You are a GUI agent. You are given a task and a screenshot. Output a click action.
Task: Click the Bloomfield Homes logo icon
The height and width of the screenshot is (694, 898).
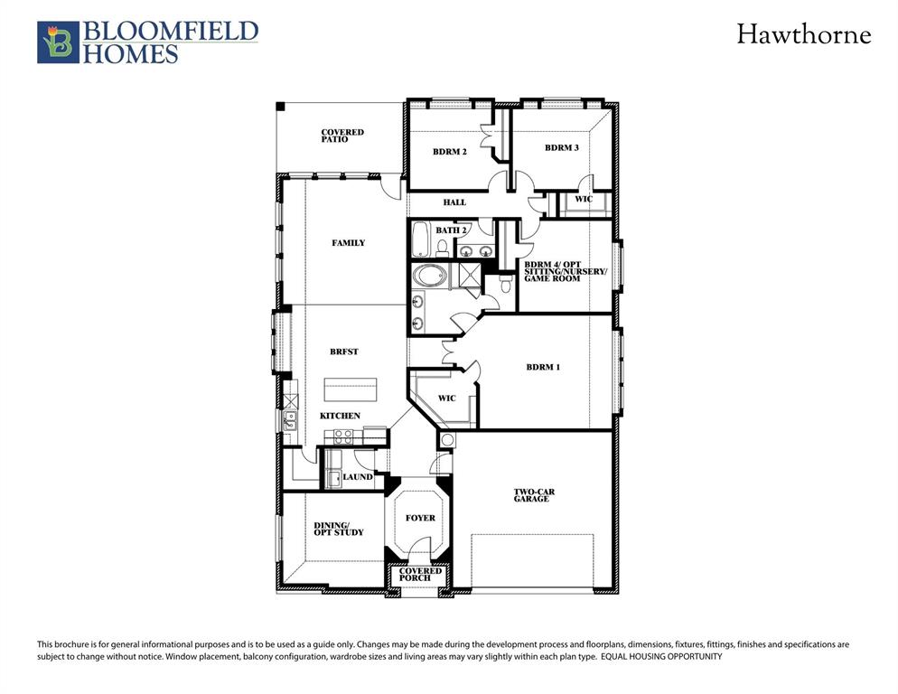coord(58,42)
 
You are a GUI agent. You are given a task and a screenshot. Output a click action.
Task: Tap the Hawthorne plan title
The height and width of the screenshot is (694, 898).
coord(803,35)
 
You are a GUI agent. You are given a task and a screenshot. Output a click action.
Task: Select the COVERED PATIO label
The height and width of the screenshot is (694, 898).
coord(342,136)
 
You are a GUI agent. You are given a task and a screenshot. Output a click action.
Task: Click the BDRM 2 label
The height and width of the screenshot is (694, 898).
coord(449,152)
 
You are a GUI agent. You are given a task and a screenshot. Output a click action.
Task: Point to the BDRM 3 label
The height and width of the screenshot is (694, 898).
coord(561,147)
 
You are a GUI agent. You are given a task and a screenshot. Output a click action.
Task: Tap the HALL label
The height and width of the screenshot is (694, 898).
coord(454,202)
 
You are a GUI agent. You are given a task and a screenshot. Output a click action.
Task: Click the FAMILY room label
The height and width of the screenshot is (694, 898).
coord(348,242)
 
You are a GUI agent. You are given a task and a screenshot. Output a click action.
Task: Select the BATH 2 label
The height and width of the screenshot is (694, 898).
coord(451,230)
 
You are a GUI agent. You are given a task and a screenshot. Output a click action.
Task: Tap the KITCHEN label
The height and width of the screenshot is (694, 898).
coord(340,416)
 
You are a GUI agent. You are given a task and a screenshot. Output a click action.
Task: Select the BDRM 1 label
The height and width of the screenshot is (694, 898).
coord(543,367)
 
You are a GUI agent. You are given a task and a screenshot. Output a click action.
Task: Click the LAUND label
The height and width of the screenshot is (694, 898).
coord(358,476)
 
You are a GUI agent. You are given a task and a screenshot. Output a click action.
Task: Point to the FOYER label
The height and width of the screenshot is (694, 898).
coord(420,518)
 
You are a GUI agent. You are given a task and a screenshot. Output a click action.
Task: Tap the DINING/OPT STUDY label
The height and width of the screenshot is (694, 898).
coord(339,529)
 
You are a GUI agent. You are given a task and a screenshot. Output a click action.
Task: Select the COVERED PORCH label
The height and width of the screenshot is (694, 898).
coord(421,575)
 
